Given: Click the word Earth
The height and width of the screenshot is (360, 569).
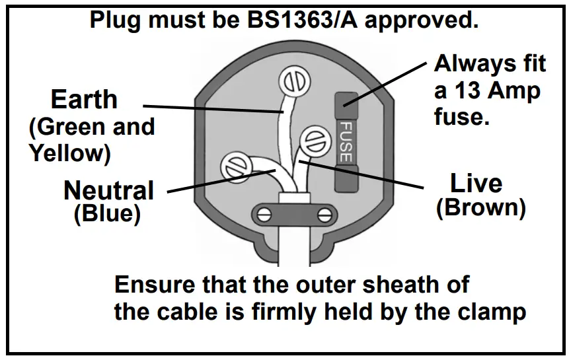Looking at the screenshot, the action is click(84, 100).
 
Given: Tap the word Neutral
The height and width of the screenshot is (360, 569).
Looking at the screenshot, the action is click(108, 191).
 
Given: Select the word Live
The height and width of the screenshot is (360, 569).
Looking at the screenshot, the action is click(476, 183).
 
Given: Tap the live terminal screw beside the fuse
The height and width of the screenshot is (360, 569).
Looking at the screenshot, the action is click(311, 141).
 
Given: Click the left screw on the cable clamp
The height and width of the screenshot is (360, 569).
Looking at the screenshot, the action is click(263, 215).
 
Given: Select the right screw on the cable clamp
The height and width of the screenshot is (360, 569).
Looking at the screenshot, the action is click(324, 215).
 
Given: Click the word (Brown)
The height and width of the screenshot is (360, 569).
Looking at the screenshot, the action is click(480, 208).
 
